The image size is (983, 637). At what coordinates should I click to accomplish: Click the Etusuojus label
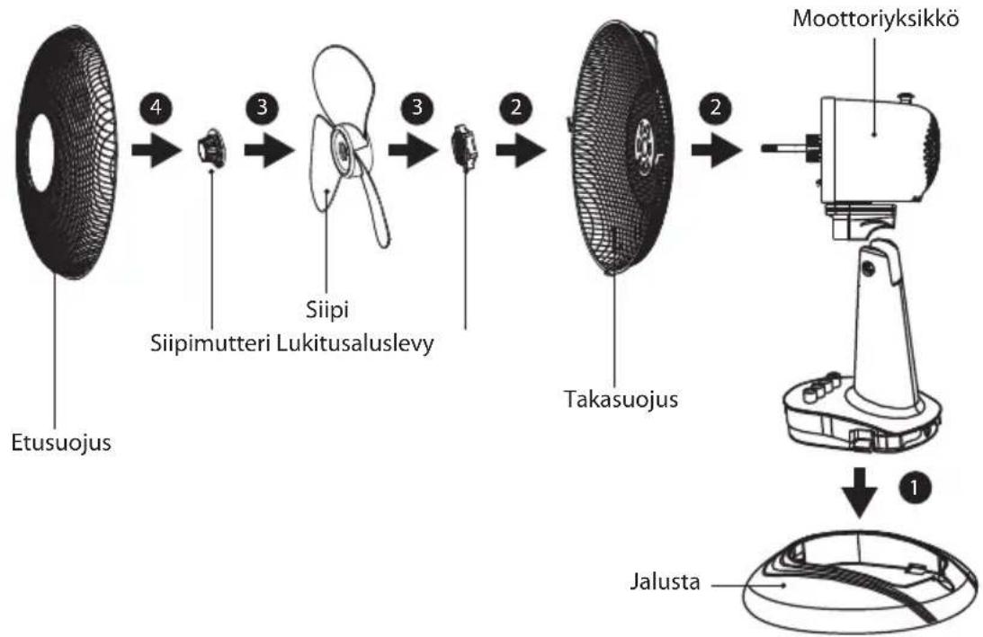click(61, 443)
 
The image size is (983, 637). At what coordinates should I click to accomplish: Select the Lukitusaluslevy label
click(355, 343)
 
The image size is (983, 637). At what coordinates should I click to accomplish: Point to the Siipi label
click(327, 309)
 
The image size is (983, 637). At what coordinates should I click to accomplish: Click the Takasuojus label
click(621, 399)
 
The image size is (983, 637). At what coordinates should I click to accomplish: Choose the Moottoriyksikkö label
click(876, 19)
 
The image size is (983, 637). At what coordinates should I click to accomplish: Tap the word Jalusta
click(665, 582)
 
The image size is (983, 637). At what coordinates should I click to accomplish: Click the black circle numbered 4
click(155, 107)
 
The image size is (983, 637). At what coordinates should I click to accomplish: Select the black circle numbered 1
click(915, 487)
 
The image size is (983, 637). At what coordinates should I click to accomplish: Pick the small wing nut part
click(212, 149)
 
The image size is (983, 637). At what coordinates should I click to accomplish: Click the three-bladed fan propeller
click(346, 148)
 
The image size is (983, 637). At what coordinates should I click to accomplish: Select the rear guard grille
click(620, 148)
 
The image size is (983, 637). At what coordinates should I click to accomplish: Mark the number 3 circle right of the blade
click(417, 107)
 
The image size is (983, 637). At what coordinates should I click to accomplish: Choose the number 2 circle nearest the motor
click(715, 107)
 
